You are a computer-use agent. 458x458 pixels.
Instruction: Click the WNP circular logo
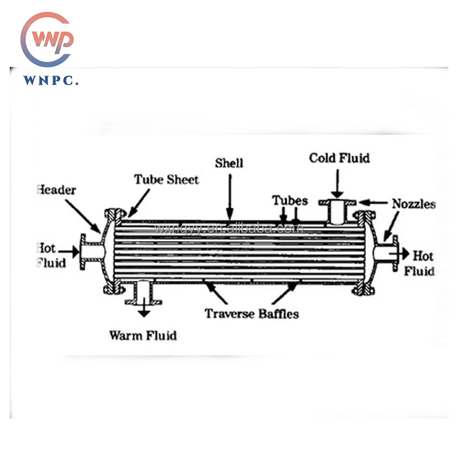[48, 40]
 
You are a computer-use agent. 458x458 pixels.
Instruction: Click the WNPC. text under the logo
[51, 81]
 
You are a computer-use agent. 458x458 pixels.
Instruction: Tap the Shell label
[229, 163]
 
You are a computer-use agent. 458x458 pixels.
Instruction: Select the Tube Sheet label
[167, 180]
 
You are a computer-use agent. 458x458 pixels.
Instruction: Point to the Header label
[57, 189]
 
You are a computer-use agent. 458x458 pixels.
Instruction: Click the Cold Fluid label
[339, 157]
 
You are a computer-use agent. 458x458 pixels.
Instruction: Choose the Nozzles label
[413, 204]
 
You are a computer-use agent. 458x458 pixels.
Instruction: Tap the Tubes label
[290, 201]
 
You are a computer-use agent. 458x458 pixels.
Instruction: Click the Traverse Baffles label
[252, 313]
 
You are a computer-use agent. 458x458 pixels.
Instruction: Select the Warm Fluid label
[143, 335]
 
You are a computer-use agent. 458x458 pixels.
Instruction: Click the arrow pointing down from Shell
[230, 195]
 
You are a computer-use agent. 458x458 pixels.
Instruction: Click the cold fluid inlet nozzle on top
[338, 211]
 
